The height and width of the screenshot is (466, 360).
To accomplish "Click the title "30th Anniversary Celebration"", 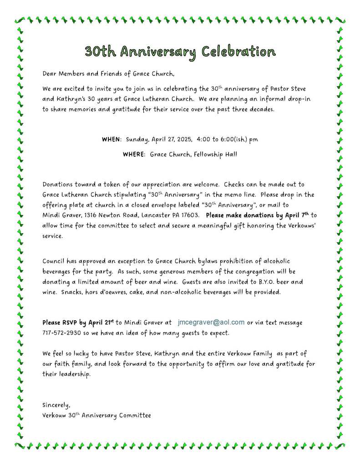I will pyautogui.click(x=180, y=51).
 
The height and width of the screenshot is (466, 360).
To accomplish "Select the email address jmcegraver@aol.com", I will pyautogui.click(x=211, y=323).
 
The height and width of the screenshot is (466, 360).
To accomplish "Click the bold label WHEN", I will pyautogui.click(x=112, y=139).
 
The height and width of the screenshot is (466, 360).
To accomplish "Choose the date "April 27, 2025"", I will pyautogui.click(x=171, y=139).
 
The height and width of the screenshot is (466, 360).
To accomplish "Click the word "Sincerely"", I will pyautogui.click(x=56, y=405).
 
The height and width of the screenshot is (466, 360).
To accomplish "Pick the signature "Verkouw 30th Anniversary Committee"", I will pyautogui.click(x=96, y=415).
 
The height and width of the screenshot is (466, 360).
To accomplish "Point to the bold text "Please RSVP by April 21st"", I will pyautogui.click(x=78, y=323).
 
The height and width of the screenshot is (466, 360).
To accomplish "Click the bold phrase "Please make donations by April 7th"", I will pyautogui.click(x=258, y=215).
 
